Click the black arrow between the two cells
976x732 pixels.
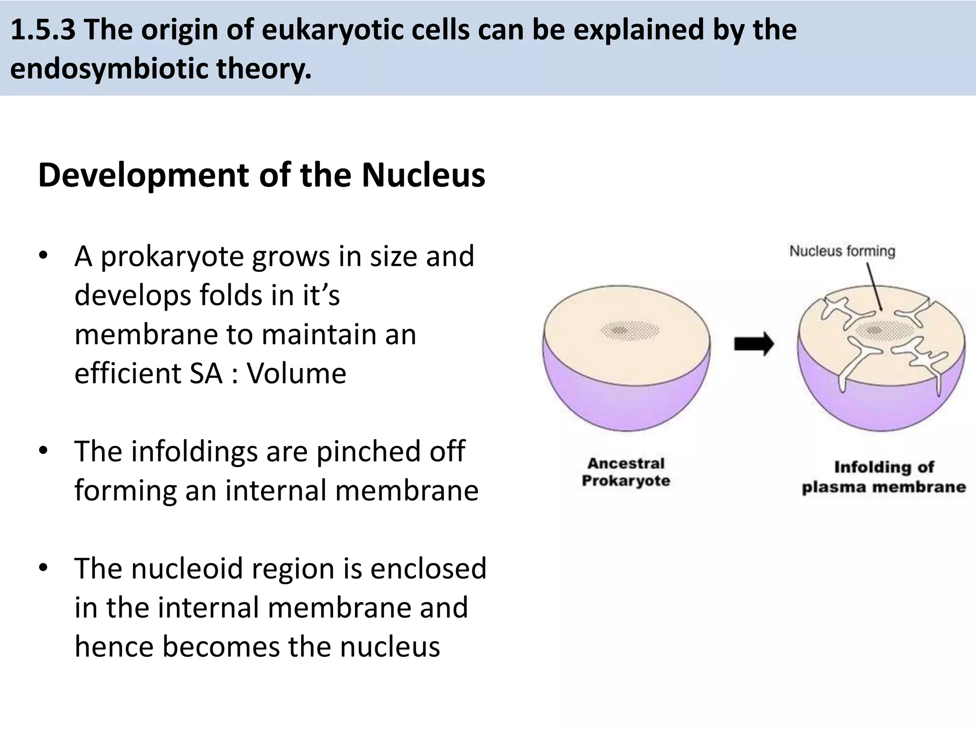point(753,344)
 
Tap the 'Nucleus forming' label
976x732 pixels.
point(842,251)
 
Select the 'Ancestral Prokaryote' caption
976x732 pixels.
point(626,472)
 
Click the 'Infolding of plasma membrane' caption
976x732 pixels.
point(884,477)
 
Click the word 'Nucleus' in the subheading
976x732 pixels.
point(423,175)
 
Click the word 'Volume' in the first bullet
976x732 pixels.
point(296,373)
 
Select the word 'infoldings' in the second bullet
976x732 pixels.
point(194,451)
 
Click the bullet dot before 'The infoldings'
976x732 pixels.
point(43,450)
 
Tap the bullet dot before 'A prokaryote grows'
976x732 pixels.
point(43,255)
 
